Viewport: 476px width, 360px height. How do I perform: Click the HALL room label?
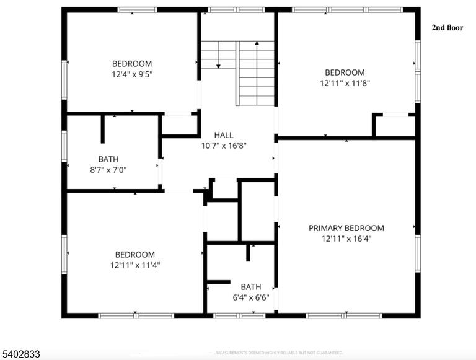[x=224, y=135]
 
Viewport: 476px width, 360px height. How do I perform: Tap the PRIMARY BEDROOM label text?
[x=346, y=228]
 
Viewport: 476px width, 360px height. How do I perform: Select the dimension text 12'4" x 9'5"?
[x=132, y=74]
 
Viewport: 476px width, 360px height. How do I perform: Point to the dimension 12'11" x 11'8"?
[x=345, y=83]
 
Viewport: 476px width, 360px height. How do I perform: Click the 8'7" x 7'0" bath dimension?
[x=108, y=170]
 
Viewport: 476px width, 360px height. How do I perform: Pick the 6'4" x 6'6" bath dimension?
[x=251, y=297]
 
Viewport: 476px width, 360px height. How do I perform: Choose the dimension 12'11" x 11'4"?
[x=135, y=265]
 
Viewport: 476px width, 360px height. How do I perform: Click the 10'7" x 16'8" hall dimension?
[x=224, y=146]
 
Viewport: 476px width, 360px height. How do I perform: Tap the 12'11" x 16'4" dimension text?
[x=346, y=239]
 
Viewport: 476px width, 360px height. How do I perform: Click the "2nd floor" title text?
[x=447, y=28]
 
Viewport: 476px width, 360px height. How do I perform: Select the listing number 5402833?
[x=21, y=354]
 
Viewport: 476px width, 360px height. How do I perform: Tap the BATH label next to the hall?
[x=108, y=159]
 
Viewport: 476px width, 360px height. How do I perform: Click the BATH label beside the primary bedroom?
[x=251, y=287]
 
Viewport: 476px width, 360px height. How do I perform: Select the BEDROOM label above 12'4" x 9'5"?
[x=132, y=64]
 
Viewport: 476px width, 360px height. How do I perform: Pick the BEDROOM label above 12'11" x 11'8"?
[x=345, y=72]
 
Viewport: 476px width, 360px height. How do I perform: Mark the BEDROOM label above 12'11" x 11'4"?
[x=135, y=255]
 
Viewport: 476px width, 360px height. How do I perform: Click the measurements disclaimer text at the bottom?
[x=280, y=353]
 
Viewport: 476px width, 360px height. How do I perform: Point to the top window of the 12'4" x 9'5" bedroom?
[x=137, y=10]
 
